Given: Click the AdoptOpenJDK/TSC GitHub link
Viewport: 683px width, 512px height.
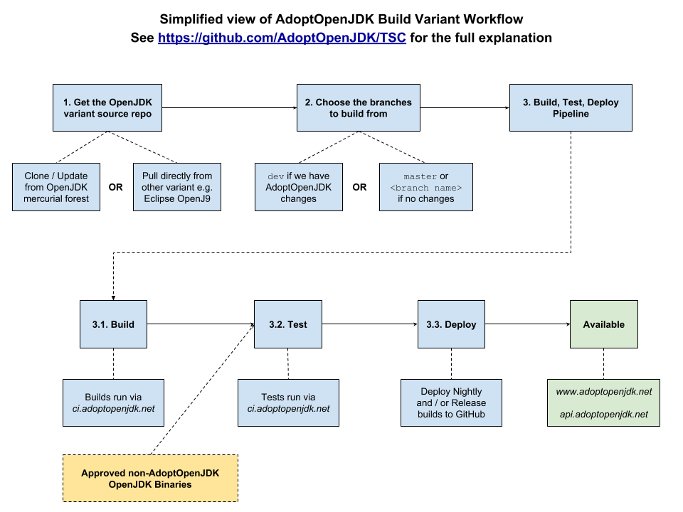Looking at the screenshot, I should coord(282,38).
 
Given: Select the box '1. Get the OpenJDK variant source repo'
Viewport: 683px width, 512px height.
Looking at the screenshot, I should coord(107,108).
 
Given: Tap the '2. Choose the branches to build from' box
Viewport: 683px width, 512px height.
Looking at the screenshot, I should coord(358,108).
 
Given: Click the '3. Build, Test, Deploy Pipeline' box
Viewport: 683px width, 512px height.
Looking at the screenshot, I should coord(571,108).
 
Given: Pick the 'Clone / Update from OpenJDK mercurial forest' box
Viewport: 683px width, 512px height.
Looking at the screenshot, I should coord(56,187).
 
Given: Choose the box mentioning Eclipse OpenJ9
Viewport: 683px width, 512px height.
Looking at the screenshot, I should coord(176,187).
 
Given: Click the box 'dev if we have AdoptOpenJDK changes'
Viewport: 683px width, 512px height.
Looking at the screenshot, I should coord(298,187).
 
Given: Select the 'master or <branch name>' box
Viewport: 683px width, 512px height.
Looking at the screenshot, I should coord(426,187).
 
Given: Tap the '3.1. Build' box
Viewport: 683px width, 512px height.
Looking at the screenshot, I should coord(113,324).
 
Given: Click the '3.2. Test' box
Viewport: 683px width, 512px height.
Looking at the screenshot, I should coord(288,324).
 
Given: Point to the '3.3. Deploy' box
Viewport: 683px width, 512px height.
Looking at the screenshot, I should coord(451,324).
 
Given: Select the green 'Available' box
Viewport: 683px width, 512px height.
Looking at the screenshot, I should coord(603,324).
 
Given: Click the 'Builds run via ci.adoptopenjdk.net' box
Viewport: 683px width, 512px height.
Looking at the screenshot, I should coord(113,402).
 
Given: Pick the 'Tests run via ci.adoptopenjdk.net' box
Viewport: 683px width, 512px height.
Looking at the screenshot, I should coord(288,402).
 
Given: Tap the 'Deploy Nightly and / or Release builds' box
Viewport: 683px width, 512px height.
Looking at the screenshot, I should coord(451,402).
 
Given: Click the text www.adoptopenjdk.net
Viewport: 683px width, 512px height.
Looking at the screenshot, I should coord(603,392).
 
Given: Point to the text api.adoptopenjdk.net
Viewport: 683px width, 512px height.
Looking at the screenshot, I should coord(603,415).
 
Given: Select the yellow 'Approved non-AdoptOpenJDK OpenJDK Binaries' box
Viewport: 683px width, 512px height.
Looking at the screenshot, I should coord(150,479).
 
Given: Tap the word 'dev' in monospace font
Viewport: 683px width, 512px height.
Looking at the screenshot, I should coord(275,176).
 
